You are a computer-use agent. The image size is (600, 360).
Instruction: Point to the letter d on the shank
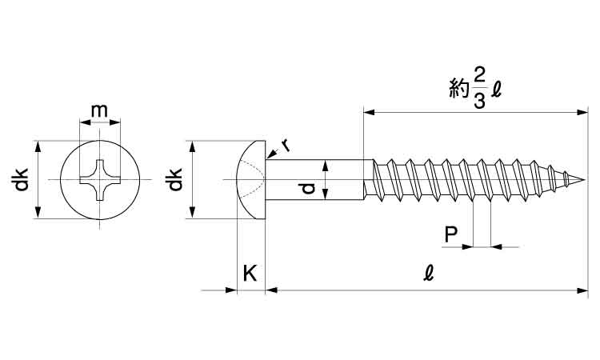coord(307,188)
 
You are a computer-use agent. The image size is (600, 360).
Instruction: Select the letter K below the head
coord(250,274)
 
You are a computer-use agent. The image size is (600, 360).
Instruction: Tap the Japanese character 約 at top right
coord(457,90)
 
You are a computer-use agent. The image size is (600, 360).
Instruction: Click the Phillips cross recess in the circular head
coord(99,180)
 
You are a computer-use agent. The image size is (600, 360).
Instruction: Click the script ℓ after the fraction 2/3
coord(497,90)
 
